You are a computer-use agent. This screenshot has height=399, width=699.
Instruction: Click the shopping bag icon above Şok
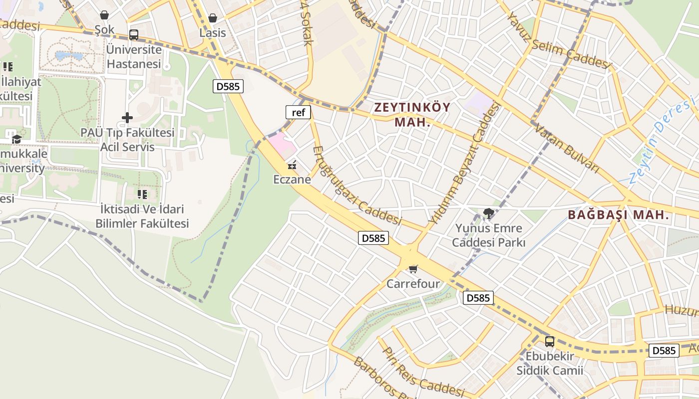104,15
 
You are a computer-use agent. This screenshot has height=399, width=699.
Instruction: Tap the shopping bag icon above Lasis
213,18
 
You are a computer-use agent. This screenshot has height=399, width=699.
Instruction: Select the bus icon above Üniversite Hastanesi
133,35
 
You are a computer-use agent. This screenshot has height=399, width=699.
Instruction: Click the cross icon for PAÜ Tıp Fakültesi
127,118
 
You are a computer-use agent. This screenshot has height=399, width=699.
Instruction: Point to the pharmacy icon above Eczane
292,164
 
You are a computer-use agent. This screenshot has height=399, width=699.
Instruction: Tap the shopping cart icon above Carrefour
413,269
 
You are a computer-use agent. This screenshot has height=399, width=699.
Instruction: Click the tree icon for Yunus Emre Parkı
488,214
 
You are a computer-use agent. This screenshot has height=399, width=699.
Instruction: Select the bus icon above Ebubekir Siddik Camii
550,342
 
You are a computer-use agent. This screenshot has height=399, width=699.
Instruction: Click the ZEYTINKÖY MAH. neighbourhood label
412,114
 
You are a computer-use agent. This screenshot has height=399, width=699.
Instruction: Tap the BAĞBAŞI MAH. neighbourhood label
618,215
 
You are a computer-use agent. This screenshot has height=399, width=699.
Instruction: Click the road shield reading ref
298,112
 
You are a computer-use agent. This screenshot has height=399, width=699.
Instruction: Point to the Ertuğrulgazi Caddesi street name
356,186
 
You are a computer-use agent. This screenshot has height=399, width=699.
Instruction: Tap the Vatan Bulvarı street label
567,148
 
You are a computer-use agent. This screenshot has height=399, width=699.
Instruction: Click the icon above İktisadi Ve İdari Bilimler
142,194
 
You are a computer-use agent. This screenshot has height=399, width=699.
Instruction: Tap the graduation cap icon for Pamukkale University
16,139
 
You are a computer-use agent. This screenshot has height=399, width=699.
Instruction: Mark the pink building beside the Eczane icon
282,145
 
